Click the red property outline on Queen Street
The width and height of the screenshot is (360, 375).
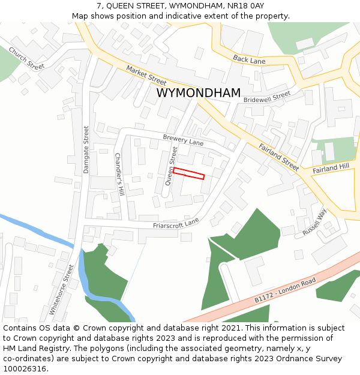click(189, 173)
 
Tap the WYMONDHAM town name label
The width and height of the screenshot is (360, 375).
click(199, 93)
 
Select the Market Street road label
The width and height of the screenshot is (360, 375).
click(146, 75)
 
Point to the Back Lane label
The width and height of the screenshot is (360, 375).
click(249, 59)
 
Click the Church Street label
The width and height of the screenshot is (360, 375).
click(26, 59)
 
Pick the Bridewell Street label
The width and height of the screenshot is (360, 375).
click(267, 97)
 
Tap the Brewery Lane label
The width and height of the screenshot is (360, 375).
click(183, 140)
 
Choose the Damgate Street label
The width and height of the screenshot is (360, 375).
click(86, 149)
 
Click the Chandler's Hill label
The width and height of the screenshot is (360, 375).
click(119, 174)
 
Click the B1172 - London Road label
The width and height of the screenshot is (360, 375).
click(284, 290)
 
